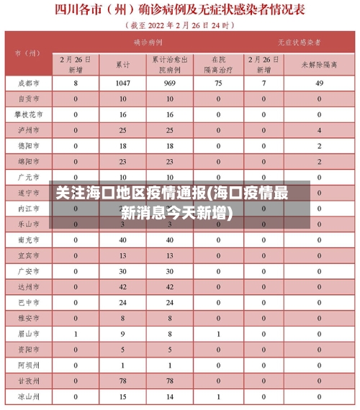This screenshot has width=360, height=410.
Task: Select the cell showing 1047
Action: [x=123, y=83]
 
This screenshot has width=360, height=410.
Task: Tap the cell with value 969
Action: [x=170, y=83]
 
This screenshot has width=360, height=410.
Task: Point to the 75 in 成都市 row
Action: [x=218, y=83]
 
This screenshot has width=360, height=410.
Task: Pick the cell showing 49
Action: [x=319, y=83]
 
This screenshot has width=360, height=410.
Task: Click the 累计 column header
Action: [x=123, y=65]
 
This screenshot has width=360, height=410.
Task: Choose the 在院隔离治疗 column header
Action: [x=218, y=65]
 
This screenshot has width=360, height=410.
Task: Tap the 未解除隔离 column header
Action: [x=319, y=65]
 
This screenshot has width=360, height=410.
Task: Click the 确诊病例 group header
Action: [x=147, y=42]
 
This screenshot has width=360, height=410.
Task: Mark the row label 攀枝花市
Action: [x=28, y=114]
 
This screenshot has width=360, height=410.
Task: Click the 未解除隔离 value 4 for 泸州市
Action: [x=319, y=130]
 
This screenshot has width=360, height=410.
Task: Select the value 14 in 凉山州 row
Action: [x=170, y=396]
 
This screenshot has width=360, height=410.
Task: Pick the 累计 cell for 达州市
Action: [x=123, y=286]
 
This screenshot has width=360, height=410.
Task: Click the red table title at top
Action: [x=179, y=11]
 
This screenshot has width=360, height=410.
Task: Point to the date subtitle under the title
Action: [x=179, y=25]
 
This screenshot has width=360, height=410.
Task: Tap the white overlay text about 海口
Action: [x=172, y=203]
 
